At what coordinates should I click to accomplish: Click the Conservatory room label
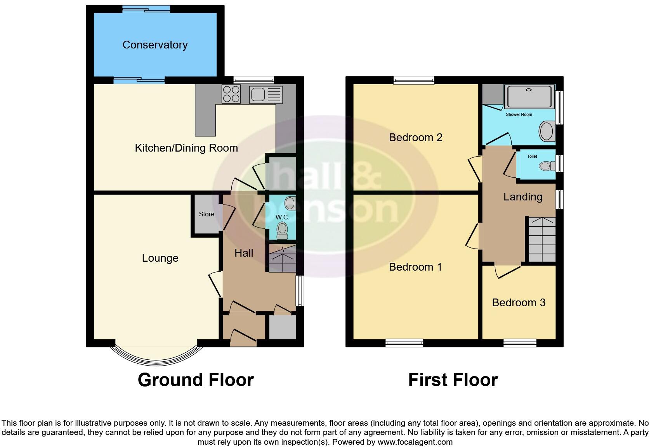(x=155, y=45)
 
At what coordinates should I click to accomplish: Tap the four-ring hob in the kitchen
(x=231, y=94)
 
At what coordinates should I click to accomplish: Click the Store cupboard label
(x=206, y=214)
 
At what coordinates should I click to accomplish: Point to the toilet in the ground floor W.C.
(x=282, y=231)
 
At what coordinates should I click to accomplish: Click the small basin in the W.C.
(x=290, y=203)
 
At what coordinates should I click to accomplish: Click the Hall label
(x=244, y=253)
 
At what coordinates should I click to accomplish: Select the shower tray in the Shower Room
(x=529, y=96)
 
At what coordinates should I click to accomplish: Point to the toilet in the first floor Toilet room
(x=547, y=166)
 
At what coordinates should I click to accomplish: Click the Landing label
(x=522, y=197)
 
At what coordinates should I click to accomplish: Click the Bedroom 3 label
(x=519, y=303)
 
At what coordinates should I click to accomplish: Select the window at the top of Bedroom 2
(x=413, y=80)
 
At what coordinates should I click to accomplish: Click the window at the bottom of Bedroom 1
(x=404, y=343)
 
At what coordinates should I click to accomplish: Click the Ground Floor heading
(x=196, y=380)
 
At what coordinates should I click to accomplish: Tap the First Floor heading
(x=453, y=380)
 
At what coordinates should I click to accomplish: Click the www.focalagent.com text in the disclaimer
(x=415, y=442)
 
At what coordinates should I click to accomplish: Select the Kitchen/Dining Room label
(x=186, y=148)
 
